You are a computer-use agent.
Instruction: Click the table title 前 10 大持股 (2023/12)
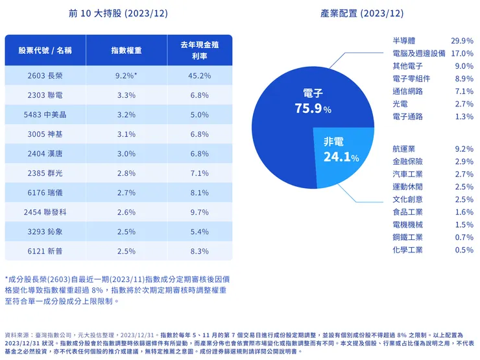tap(117, 13)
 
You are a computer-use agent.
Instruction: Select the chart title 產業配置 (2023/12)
tap(361, 13)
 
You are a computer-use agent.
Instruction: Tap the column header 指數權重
tap(126, 50)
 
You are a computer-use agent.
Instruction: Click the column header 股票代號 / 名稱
tap(45, 50)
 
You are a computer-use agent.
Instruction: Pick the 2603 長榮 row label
tap(45, 76)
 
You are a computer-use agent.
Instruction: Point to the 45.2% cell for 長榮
tap(199, 76)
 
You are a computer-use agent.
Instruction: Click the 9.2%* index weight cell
tap(126, 76)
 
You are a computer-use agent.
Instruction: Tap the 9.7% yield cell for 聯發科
tap(199, 212)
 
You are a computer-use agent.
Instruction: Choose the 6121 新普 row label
tap(45, 251)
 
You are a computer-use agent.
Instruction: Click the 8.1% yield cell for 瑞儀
tap(199, 193)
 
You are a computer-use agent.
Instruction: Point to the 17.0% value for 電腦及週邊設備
tap(462, 53)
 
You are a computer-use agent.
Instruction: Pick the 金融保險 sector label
tap(407, 162)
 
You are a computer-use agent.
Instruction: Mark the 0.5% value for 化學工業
tap(464, 250)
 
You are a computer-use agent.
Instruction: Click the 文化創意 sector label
tap(407, 199)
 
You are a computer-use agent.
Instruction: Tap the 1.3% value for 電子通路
tap(464, 117)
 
